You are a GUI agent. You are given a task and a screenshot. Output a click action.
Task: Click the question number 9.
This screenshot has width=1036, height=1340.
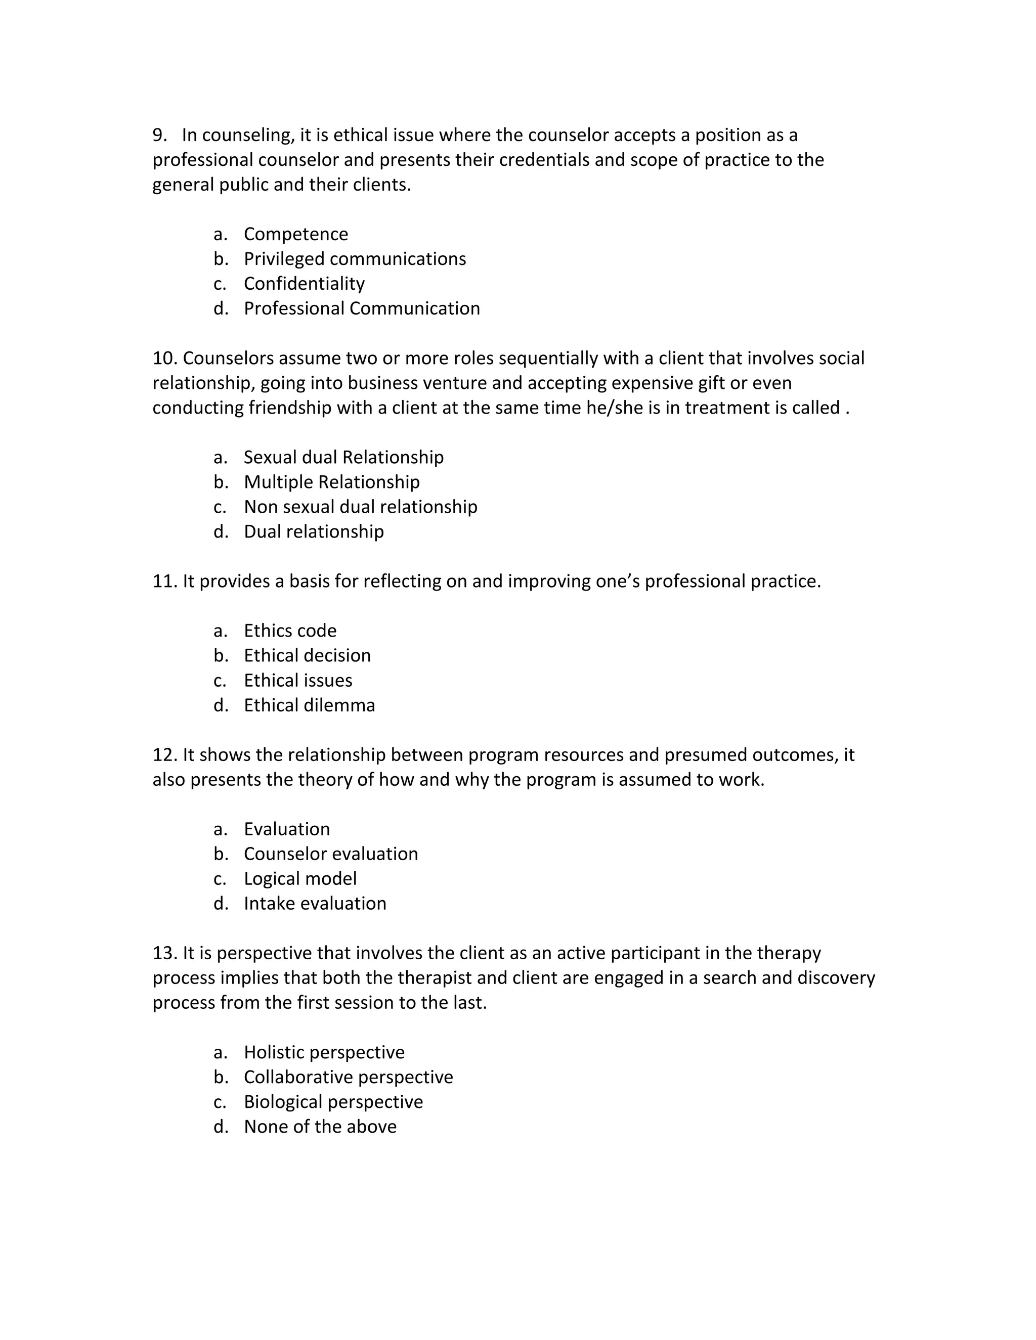tap(159, 135)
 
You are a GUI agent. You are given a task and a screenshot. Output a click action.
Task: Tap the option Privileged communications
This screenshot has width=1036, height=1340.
tap(354, 259)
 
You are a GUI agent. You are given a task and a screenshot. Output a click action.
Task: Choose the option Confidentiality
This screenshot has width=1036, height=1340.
tap(304, 284)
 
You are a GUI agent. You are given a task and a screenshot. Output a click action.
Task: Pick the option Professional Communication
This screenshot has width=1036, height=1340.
tap(362, 308)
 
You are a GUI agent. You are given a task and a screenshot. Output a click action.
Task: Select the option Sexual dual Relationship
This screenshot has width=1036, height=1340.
tap(343, 457)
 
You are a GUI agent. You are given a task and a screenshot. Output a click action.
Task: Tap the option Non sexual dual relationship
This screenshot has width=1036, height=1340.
tap(360, 507)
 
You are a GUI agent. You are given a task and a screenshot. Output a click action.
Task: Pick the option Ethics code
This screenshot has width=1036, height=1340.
tap(290, 631)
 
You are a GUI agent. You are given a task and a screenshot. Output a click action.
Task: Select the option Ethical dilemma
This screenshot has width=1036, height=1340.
tap(309, 705)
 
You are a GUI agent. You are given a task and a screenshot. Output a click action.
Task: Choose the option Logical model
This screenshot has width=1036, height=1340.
tap(299, 879)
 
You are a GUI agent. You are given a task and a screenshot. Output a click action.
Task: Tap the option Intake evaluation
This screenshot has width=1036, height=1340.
tap(315, 903)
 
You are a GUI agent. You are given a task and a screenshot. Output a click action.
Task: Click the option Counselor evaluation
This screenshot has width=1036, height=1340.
tap(330, 854)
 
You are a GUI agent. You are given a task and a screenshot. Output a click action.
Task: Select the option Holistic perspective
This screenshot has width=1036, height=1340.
tap(324, 1052)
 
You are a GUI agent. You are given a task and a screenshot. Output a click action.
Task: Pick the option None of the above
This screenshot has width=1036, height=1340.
tap(320, 1127)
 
